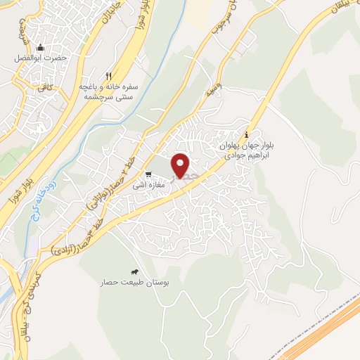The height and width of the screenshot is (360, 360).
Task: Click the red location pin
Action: point(181,165)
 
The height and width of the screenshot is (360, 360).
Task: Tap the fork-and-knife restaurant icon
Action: point(108,76)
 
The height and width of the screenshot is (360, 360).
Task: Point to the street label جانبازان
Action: point(112,15)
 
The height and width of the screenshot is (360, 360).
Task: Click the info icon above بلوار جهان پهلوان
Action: point(246,135)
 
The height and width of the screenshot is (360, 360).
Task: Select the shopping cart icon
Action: point(148,174)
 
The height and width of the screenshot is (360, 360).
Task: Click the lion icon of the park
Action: point(133,272)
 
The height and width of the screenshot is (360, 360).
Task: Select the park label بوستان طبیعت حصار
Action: point(133,283)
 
